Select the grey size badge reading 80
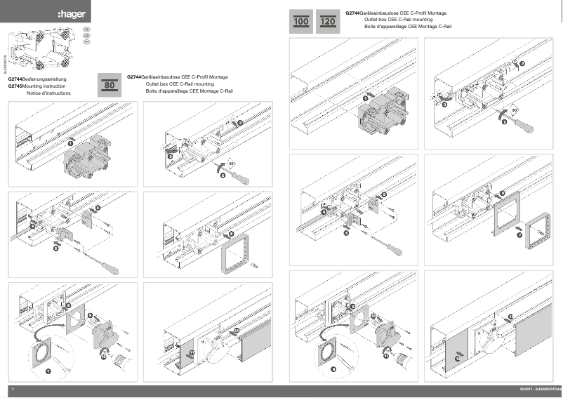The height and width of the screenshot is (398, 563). coord(110,84)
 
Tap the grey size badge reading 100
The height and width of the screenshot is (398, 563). coord(302,22)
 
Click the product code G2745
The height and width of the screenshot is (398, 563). coord(15,86)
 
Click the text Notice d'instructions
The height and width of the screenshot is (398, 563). coord(48,92)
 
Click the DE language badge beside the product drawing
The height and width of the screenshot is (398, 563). coord(86,30)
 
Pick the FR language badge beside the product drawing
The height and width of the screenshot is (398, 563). coord(86,43)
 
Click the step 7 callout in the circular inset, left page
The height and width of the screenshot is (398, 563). coord(48,369)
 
